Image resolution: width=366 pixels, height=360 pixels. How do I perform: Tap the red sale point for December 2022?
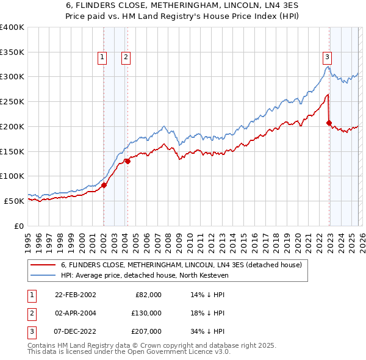[329, 123]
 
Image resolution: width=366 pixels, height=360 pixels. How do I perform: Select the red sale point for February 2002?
[104, 185]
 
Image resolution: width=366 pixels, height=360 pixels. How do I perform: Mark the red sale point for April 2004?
[127, 161]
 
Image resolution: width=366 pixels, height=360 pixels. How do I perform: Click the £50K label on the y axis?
[14, 201]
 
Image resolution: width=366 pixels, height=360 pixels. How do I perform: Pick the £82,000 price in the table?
[148, 295]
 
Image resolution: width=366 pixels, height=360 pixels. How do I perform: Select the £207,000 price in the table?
[146, 331]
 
